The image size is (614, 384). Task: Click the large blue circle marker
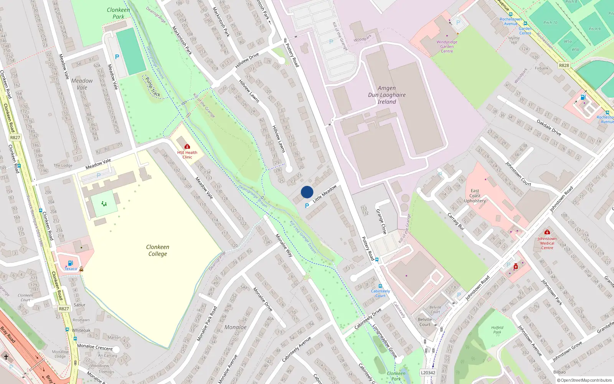coord(307,192)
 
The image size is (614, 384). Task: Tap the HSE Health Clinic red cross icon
coord(187,146)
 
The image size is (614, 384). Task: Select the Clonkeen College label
coord(158,250)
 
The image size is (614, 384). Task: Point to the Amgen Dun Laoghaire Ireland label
coord(386,95)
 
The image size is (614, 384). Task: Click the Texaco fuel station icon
coord(70,263)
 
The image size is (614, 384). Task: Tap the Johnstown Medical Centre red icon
coord(547,232)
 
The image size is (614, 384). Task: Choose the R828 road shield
coord(564,65)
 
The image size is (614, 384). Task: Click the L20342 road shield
coord(428,372)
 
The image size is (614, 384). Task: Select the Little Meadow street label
coord(325,194)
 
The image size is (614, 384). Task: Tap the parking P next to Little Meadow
coord(307,206)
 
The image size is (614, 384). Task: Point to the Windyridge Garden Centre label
coord(447,46)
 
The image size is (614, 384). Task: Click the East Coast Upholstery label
coord(475,196)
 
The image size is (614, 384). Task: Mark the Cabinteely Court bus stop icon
coord(380,286)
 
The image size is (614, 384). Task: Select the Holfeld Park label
coord(497,330)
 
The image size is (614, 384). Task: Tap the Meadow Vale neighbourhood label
coord(82,84)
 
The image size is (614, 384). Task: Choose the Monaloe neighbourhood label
coord(236,327)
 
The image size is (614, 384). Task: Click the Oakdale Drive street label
coord(549,127)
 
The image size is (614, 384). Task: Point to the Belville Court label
coord(425,322)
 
